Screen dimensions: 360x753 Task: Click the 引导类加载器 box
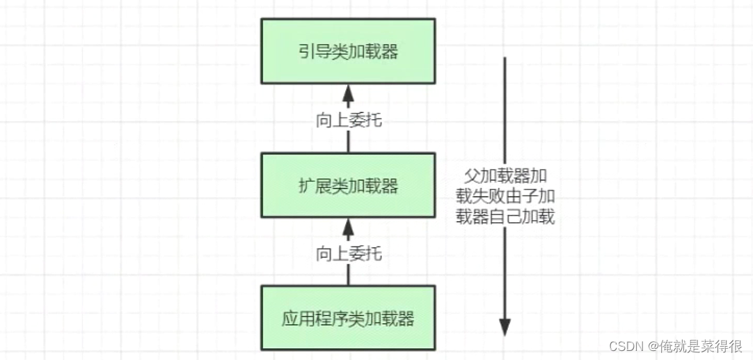click(348, 51)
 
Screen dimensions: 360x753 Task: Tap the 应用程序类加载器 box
click(348, 318)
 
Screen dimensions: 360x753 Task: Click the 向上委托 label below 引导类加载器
click(348, 120)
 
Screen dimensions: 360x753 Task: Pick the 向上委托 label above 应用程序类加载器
click(348, 253)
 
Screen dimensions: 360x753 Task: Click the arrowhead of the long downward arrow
click(505, 326)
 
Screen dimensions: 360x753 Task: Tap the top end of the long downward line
click(505, 58)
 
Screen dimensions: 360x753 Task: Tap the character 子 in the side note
click(534, 196)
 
